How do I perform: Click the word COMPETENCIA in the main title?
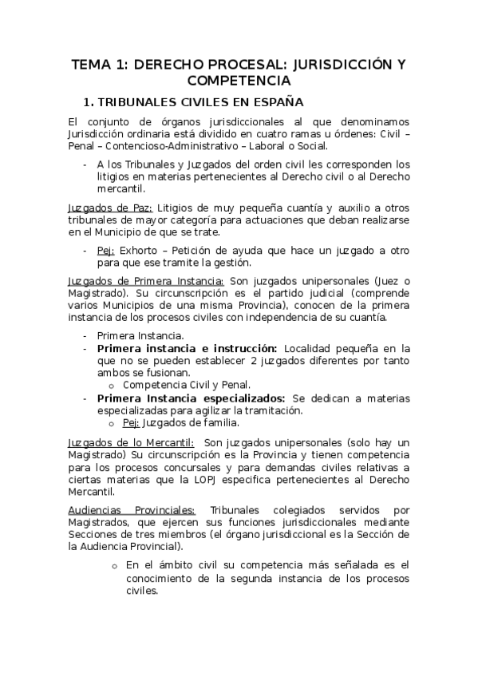239,81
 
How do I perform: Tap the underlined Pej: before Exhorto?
106,250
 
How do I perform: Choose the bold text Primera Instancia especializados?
191,398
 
